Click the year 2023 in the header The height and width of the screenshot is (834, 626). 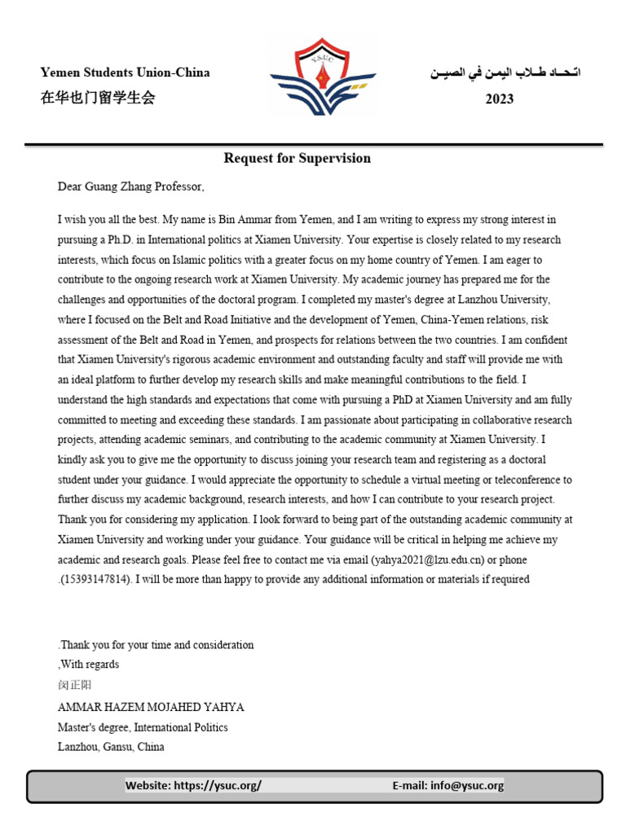pyautogui.click(x=500, y=99)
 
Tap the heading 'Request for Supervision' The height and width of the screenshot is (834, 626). pyautogui.click(x=297, y=158)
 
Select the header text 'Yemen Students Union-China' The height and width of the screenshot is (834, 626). pyautogui.click(x=125, y=72)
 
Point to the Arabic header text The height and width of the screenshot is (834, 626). pyautogui.click(x=505, y=72)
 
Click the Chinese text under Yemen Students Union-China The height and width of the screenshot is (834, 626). pyautogui.click(x=98, y=99)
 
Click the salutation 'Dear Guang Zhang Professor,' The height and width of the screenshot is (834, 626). pyautogui.click(x=130, y=187)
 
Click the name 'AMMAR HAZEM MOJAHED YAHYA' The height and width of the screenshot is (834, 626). pyautogui.click(x=151, y=707)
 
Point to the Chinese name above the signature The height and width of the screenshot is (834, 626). pyautogui.click(x=75, y=686)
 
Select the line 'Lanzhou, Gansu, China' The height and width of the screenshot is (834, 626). pyautogui.click(x=111, y=746)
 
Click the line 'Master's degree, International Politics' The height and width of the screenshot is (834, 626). pyautogui.click(x=143, y=726)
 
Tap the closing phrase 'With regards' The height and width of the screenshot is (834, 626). pyautogui.click(x=90, y=665)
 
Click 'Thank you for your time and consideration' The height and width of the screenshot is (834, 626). pyautogui.click(x=156, y=645)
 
